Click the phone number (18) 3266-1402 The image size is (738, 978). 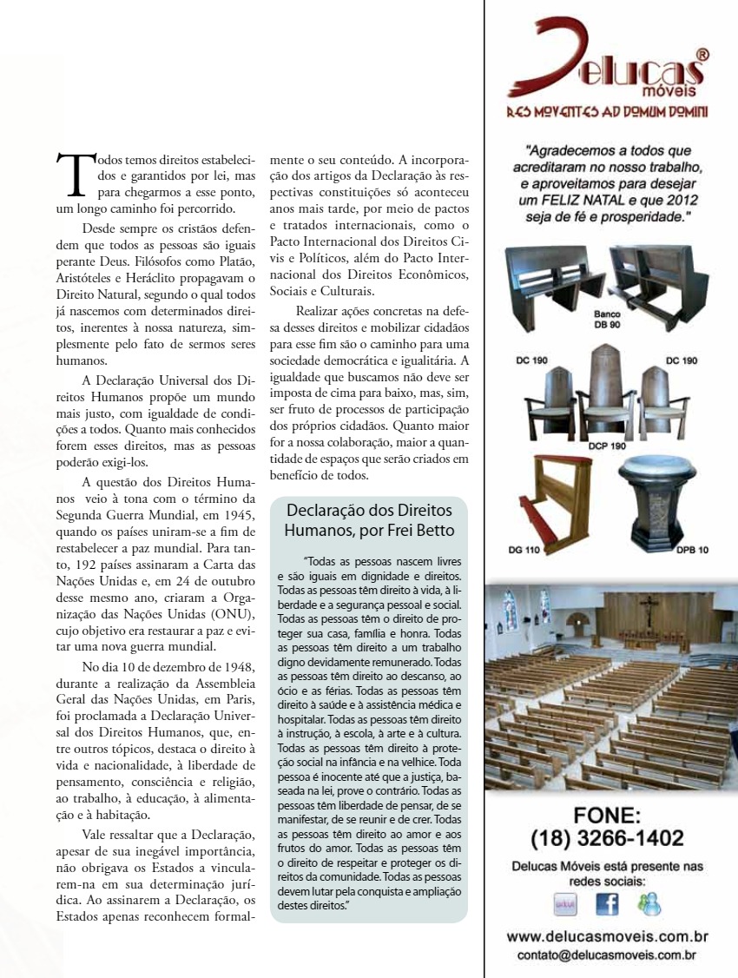coord(607,838)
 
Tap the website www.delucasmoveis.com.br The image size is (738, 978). coord(608,937)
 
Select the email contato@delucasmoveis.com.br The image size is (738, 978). coord(608,955)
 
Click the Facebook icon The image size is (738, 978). coord(608,903)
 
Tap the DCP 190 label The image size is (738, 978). coord(607,446)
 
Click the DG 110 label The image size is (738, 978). coord(524,550)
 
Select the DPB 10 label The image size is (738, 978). coord(692,550)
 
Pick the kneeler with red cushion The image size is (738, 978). coord(557,499)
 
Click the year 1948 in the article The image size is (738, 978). coord(236,666)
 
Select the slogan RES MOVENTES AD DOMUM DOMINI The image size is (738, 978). coord(607,112)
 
